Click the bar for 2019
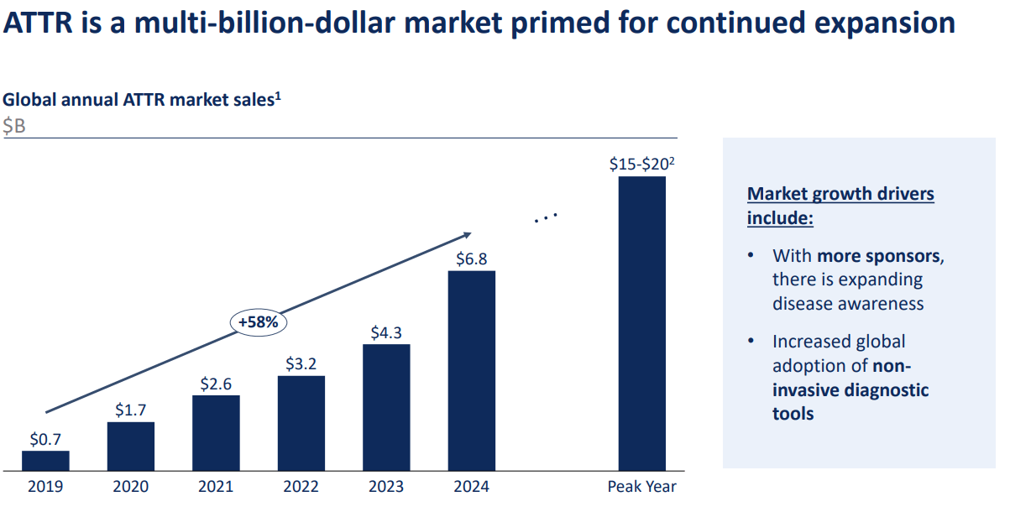[x=45, y=461]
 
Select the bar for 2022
[x=301, y=423]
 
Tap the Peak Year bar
[x=642, y=323]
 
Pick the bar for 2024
[x=471, y=370]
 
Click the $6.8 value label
[x=471, y=259]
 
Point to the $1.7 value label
[x=131, y=410]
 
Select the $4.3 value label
[x=386, y=332]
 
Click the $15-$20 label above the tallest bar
[x=641, y=165]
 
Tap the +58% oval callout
[x=259, y=322]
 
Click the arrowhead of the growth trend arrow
[x=467, y=235]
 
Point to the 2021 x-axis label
[x=216, y=487]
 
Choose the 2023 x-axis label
[x=386, y=487]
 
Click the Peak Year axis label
[x=641, y=487]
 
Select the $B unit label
[x=14, y=126]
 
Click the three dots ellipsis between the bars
[x=546, y=218]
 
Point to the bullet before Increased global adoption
[x=750, y=341]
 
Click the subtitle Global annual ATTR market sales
[x=139, y=100]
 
